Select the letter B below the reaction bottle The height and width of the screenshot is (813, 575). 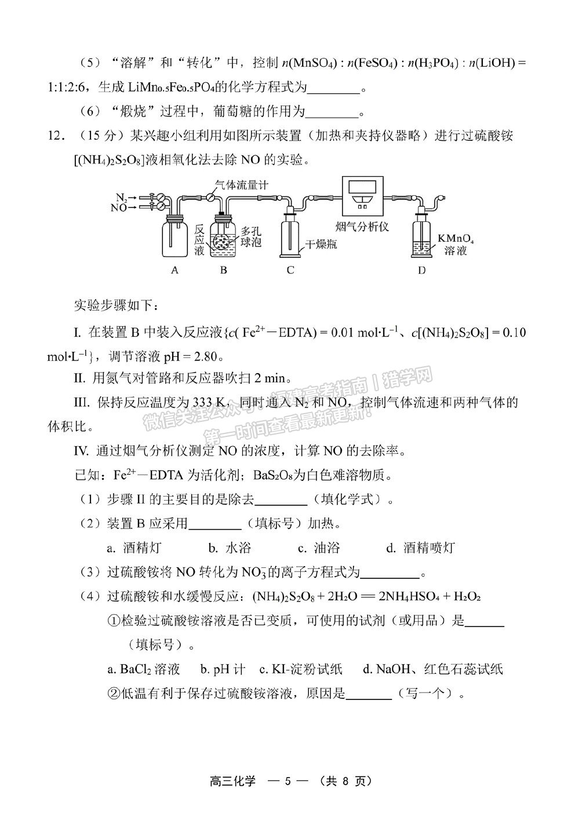223,270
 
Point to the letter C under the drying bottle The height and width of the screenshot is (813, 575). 290,270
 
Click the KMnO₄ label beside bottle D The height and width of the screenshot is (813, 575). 458,238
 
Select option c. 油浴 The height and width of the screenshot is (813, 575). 319,548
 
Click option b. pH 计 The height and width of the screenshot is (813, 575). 223,669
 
